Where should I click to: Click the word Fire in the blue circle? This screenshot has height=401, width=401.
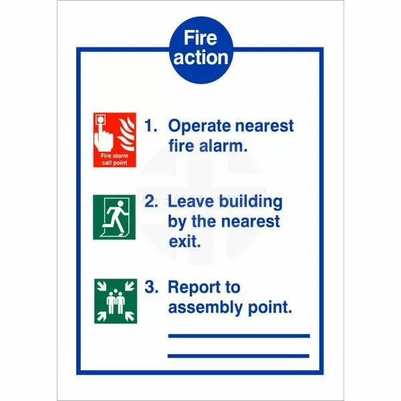pyautogui.click(x=200, y=37)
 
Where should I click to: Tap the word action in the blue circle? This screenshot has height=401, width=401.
pyautogui.click(x=200, y=57)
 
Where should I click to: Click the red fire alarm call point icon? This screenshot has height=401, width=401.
pyautogui.click(x=114, y=140)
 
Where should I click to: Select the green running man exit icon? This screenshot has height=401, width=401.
pyautogui.click(x=114, y=217)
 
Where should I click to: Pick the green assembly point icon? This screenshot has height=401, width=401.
pyautogui.click(x=116, y=301)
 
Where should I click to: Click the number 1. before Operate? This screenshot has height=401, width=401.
pyautogui.click(x=151, y=126)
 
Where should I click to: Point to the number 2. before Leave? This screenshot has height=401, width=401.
pyautogui.click(x=151, y=201)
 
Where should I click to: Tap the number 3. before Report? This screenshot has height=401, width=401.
pyautogui.click(x=152, y=287)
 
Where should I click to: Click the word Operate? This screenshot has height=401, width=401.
pyautogui.click(x=200, y=126)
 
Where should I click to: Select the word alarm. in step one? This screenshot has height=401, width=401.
pyautogui.click(x=223, y=146)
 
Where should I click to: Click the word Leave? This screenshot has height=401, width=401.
pyautogui.click(x=190, y=202)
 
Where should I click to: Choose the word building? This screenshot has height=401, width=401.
pyautogui.click(x=251, y=203)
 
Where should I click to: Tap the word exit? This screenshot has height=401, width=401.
pyautogui.click(x=184, y=241)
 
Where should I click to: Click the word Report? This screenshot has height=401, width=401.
pyautogui.click(x=196, y=288)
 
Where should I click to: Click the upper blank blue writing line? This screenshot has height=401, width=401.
pyautogui.click(x=239, y=336)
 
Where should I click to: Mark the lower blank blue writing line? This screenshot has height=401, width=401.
pyautogui.click(x=239, y=356)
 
